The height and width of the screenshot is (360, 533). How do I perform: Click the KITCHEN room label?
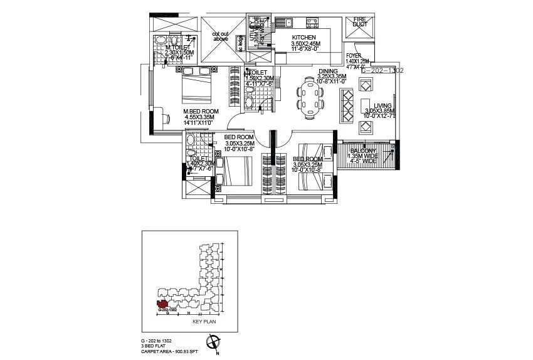point(303,38)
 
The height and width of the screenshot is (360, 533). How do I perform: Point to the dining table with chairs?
point(309,97)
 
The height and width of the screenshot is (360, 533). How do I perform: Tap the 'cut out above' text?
point(220,36)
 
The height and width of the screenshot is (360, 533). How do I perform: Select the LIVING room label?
point(383,106)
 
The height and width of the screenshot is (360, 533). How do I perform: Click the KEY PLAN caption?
point(204,321)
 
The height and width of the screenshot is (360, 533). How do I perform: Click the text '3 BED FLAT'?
point(154,345)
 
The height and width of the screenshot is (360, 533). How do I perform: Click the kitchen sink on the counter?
point(288,23)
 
